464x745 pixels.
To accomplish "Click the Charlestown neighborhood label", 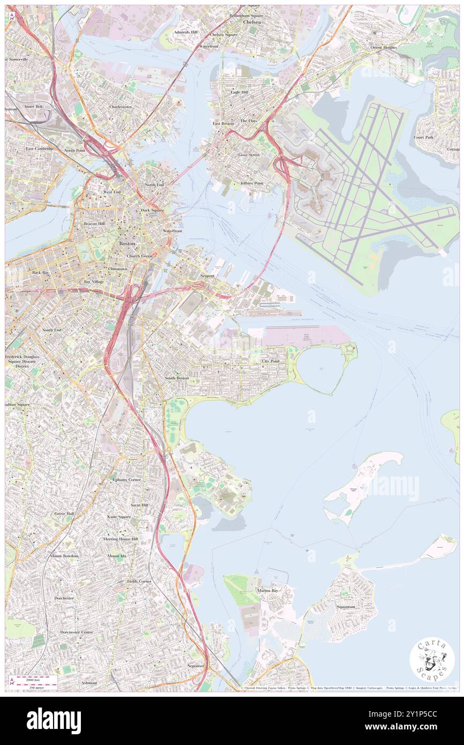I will tap(121, 107).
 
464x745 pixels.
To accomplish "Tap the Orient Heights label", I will tap(384, 47).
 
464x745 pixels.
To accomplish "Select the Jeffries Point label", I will tap(252, 183).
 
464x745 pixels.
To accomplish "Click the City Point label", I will tap(271, 361).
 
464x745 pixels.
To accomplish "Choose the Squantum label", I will tap(346, 607).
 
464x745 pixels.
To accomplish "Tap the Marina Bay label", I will tap(266, 591).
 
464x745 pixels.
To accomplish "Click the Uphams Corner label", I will tap(127, 479).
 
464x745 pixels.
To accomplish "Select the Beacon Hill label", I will tap(94, 223).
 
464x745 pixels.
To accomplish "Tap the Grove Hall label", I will tap(64, 513).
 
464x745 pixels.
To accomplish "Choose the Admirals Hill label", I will tap(185, 32).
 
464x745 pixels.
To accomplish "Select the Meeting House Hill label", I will tap(121, 539).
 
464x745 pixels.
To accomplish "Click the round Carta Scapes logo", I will tap(432, 660).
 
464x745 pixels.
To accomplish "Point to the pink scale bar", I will tap(35, 678).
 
